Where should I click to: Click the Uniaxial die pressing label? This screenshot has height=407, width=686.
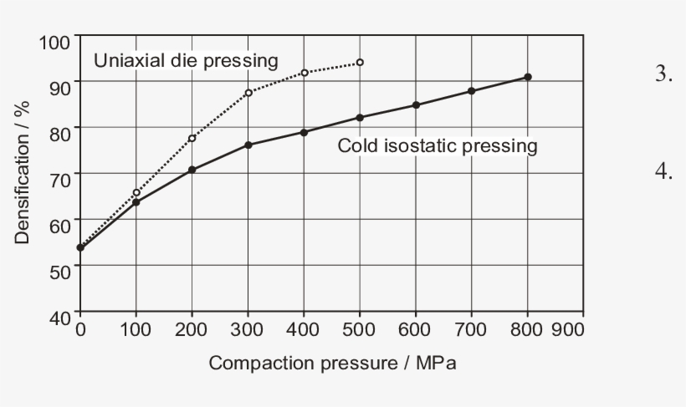pyautogui.click(x=185, y=60)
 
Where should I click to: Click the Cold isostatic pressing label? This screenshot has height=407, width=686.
pyautogui.click(x=437, y=145)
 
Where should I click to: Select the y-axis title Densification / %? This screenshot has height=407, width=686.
pyautogui.click(x=23, y=172)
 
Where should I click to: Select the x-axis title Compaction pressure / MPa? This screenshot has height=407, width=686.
pyautogui.click(x=332, y=364)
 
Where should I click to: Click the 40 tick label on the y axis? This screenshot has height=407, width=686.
pyautogui.click(x=61, y=317)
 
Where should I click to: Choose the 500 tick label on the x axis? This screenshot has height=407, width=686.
pyautogui.click(x=360, y=329)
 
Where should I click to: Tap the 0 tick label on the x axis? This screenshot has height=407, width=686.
pyautogui.click(x=80, y=329)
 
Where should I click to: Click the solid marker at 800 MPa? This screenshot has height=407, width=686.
pyautogui.click(x=528, y=77)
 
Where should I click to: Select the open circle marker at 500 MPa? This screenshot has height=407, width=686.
pyautogui.click(x=360, y=63)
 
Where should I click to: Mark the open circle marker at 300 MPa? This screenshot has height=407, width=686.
pyautogui.click(x=248, y=93)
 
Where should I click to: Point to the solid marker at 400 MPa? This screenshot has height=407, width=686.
pyautogui.click(x=304, y=132)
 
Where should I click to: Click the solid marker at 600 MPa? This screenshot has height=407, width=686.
pyautogui.click(x=416, y=105)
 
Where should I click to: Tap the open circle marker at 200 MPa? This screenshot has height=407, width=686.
pyautogui.click(x=192, y=138)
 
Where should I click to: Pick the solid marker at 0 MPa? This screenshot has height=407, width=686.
pyautogui.click(x=80, y=247)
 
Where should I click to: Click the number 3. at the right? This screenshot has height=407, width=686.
pyautogui.click(x=663, y=74)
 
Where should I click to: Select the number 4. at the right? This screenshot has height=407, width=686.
pyautogui.click(x=663, y=172)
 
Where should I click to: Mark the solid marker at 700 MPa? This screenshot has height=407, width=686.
pyautogui.click(x=472, y=91)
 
